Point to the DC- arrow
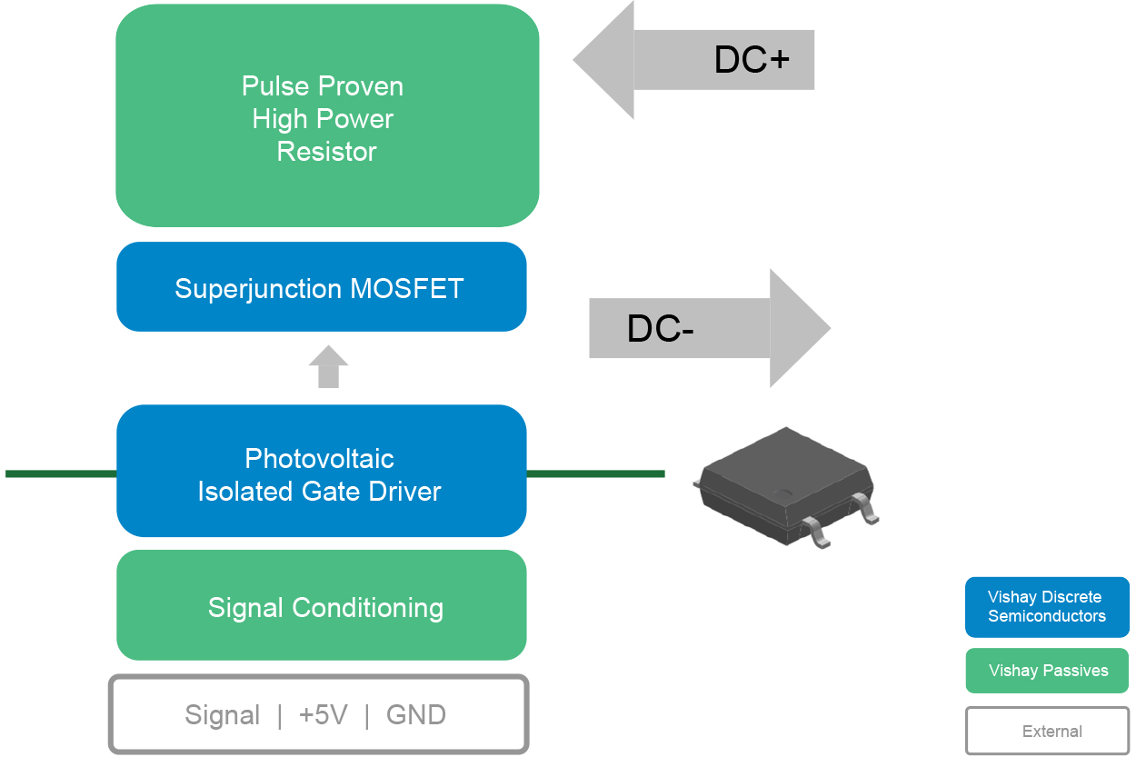[x=709, y=328]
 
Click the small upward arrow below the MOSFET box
[x=328, y=367]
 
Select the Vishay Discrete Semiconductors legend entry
[x=1047, y=607]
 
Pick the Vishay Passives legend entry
[x=1047, y=671]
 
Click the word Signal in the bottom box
[x=223, y=715]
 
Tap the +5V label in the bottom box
[x=323, y=715]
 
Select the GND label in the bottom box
[x=416, y=715]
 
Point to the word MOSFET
[x=407, y=289]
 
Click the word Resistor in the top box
[x=327, y=152]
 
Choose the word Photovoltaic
[x=320, y=459]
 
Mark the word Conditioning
[x=373, y=608]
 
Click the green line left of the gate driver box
[x=60, y=473]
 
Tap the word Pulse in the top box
[x=272, y=86]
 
